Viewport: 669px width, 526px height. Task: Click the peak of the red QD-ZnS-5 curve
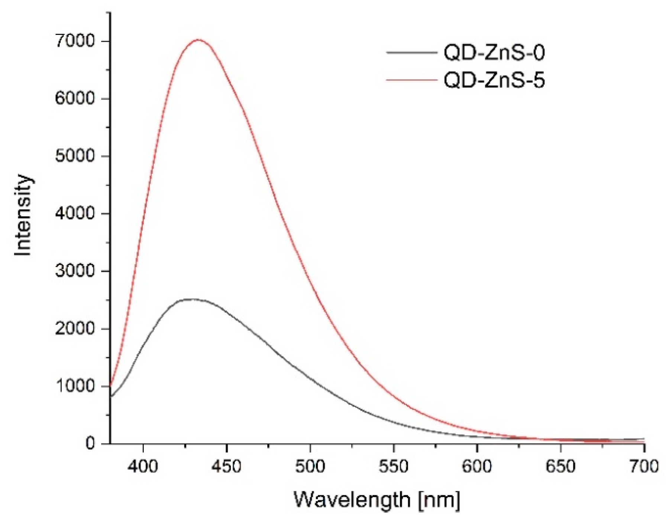click(198, 39)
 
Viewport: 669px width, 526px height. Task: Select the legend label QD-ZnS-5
click(494, 80)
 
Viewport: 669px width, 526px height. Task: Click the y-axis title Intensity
click(23, 216)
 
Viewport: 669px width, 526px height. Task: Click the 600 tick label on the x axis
click(477, 466)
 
